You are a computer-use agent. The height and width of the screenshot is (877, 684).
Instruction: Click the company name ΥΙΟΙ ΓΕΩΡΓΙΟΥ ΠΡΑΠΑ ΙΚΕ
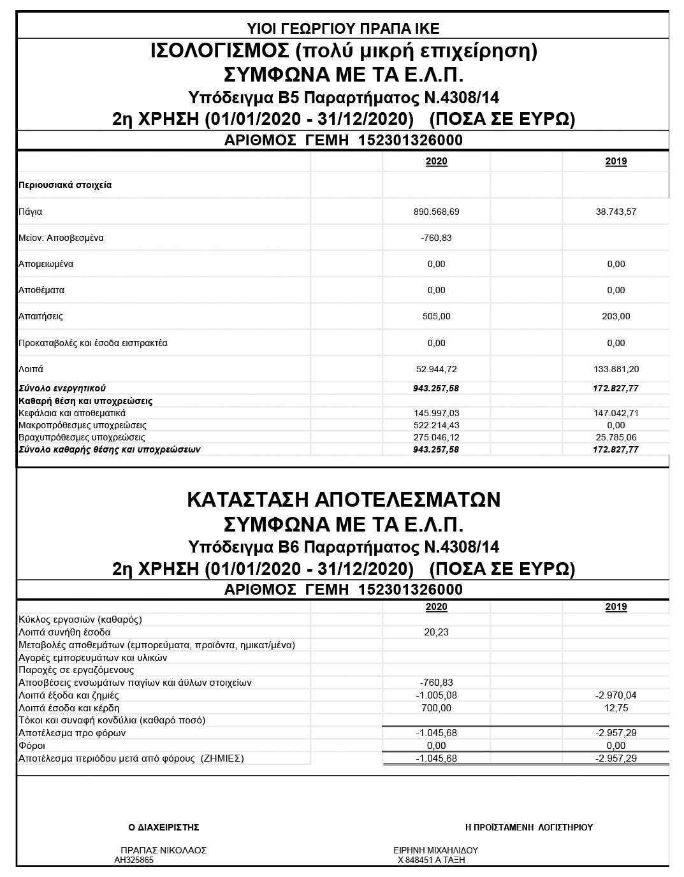click(343, 28)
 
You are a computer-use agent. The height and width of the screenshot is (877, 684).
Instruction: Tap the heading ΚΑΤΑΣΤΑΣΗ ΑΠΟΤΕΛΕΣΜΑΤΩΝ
click(343, 500)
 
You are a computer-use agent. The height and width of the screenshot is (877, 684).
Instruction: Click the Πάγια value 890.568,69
click(436, 212)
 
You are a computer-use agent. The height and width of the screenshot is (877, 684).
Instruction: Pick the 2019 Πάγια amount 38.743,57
click(616, 212)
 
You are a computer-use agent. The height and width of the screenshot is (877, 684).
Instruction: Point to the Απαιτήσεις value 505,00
click(436, 316)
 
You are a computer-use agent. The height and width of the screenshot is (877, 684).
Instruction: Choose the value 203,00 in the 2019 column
click(616, 316)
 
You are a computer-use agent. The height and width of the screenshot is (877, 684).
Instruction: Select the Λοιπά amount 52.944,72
click(436, 369)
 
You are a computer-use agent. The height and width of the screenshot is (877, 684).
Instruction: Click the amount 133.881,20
click(616, 369)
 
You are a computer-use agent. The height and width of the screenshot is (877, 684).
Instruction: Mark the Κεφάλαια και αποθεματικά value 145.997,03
click(436, 413)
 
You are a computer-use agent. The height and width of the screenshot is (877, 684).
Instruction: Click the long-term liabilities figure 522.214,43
click(436, 425)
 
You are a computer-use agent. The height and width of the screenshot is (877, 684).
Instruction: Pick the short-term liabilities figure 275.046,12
click(436, 437)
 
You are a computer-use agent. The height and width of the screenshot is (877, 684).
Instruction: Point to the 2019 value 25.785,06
click(616, 437)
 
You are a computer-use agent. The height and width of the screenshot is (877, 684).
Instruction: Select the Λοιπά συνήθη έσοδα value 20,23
click(436, 632)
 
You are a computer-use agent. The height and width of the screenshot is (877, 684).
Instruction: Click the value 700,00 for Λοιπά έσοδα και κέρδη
click(436, 708)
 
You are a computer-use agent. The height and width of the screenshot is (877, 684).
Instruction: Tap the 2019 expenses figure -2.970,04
click(616, 695)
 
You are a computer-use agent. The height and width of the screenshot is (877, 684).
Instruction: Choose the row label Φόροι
click(32, 746)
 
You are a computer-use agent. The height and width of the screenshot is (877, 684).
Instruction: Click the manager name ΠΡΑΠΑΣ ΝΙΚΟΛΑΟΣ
click(163, 850)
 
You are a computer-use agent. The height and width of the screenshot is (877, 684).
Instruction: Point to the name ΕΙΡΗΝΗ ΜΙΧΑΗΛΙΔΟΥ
click(436, 850)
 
